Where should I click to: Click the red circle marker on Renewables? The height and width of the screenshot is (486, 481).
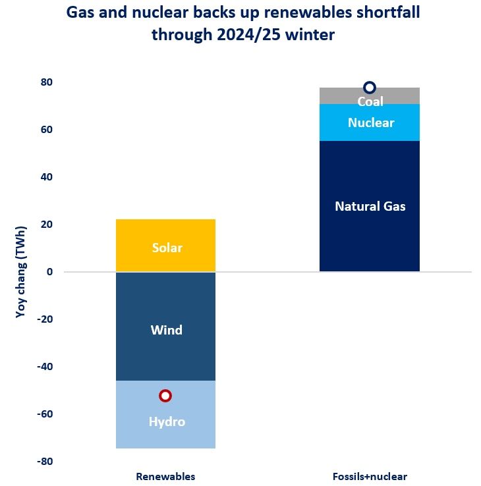[165, 396]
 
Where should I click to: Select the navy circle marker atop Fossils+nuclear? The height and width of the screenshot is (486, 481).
[370, 88]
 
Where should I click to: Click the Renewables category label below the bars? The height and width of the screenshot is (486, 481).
[165, 476]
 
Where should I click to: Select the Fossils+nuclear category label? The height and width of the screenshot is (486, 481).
[370, 476]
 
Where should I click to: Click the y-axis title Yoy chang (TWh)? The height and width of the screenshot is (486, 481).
[20, 272]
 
